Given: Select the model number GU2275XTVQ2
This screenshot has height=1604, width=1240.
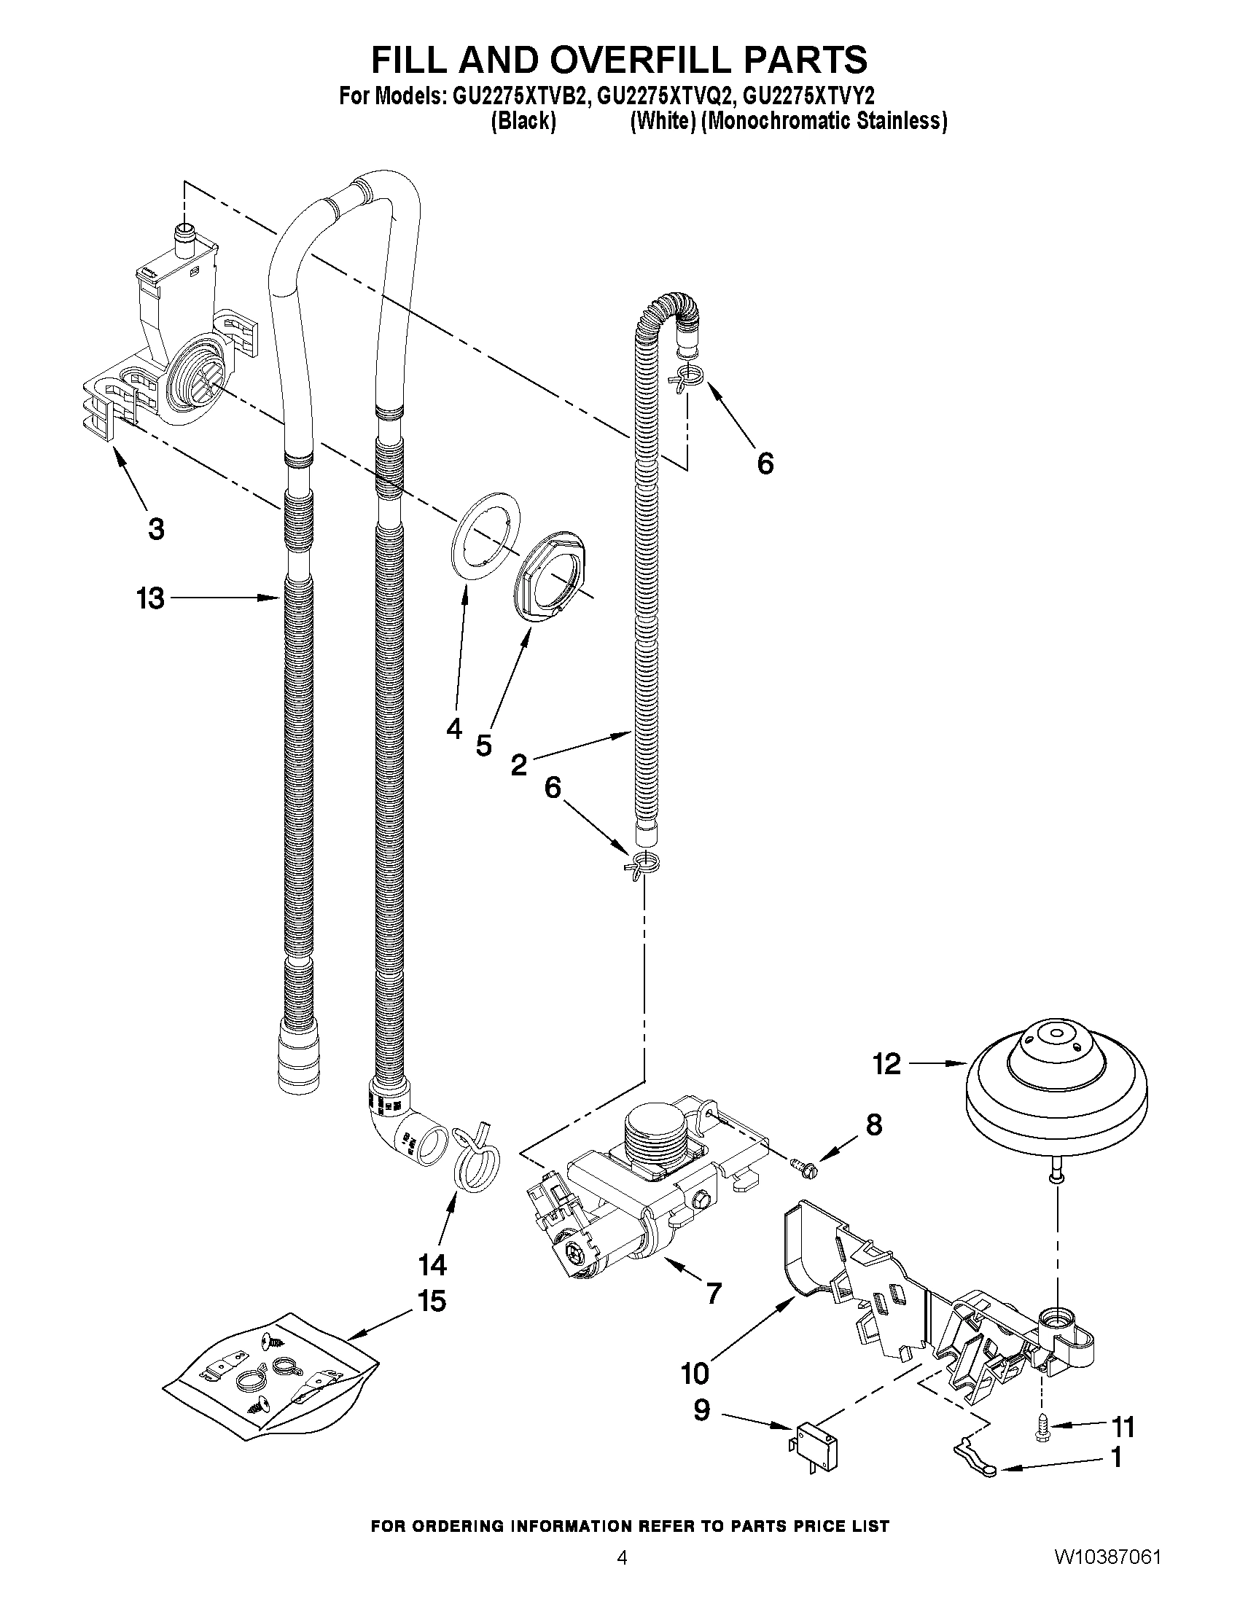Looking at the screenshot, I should coord(666,96).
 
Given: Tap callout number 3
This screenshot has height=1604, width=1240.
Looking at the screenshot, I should coord(156,529).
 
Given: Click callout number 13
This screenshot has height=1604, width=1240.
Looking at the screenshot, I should coord(151,598).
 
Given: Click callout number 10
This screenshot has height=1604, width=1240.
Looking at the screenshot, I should coord(695,1372).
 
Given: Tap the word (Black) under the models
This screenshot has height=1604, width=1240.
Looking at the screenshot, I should coord(523,121).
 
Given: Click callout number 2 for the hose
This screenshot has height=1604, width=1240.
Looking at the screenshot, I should coord(518,765).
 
